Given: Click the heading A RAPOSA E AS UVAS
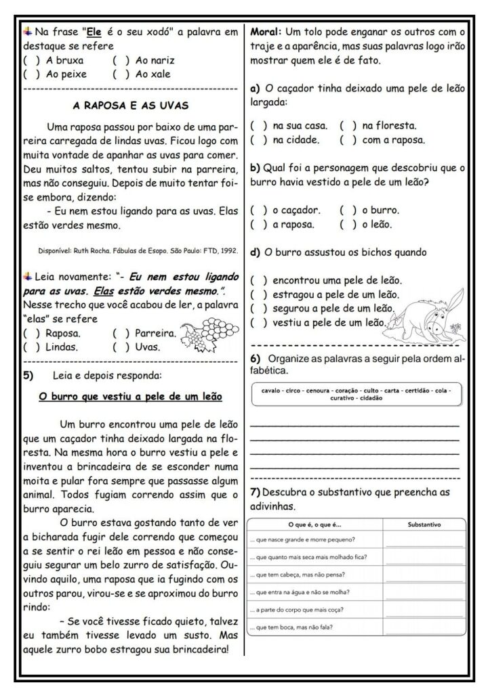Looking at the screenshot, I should click(130, 105).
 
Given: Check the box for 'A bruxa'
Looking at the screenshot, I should click(31, 60).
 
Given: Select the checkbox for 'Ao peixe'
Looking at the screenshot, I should click(31, 74).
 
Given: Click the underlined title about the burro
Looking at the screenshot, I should click(129, 397).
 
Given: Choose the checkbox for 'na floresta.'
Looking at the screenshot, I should click(348, 125).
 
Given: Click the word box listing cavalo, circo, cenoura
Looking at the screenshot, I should click(355, 394).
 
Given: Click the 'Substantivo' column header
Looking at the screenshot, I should click(425, 524).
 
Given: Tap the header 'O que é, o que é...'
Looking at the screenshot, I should click(316, 524).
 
